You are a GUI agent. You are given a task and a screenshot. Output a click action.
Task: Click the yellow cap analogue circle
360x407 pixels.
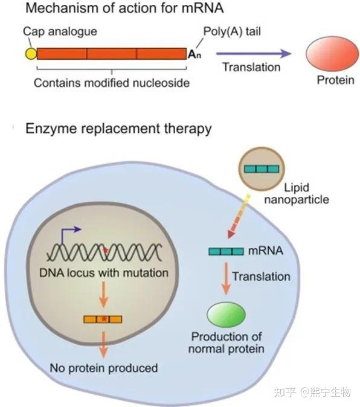coord(31,54)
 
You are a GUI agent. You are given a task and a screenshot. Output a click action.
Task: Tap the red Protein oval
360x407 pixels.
coord(332,54)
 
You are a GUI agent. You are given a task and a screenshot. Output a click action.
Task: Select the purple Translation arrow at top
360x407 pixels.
coord(254,54)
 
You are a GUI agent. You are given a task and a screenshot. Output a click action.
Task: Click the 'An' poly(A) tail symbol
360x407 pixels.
coord(194,54)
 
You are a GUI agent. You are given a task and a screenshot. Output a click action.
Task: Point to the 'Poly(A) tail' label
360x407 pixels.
coord(232,31)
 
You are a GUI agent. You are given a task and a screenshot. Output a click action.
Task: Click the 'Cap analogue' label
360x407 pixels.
coord(60,31)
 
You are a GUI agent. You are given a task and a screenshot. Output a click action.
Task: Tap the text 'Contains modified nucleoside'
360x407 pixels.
coord(112,83)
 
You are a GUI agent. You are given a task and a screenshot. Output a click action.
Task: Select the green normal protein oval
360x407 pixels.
coord(226,315)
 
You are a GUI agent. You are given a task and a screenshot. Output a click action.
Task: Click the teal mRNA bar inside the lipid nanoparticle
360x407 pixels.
coord(262,169)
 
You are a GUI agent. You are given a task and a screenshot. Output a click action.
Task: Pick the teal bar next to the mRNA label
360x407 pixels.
coord(226,251)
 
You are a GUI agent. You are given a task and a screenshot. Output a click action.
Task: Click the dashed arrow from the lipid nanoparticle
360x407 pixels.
coord(238,216)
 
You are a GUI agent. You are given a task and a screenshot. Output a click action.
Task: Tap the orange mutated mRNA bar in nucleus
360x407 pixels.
coord(103,319)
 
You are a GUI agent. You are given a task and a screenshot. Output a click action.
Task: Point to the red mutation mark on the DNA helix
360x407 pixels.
coord(106,251)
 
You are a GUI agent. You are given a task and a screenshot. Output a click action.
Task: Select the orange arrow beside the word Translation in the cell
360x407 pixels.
coord(226,278)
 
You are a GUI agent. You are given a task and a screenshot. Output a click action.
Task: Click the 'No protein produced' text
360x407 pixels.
coord(103,368)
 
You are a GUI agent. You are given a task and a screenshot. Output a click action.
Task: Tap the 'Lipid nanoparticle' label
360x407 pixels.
coord(297,194)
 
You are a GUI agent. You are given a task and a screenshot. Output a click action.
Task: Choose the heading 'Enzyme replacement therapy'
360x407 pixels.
coord(118,129)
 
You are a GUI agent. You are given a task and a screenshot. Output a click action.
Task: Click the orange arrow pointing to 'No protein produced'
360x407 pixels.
coord(103,344)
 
